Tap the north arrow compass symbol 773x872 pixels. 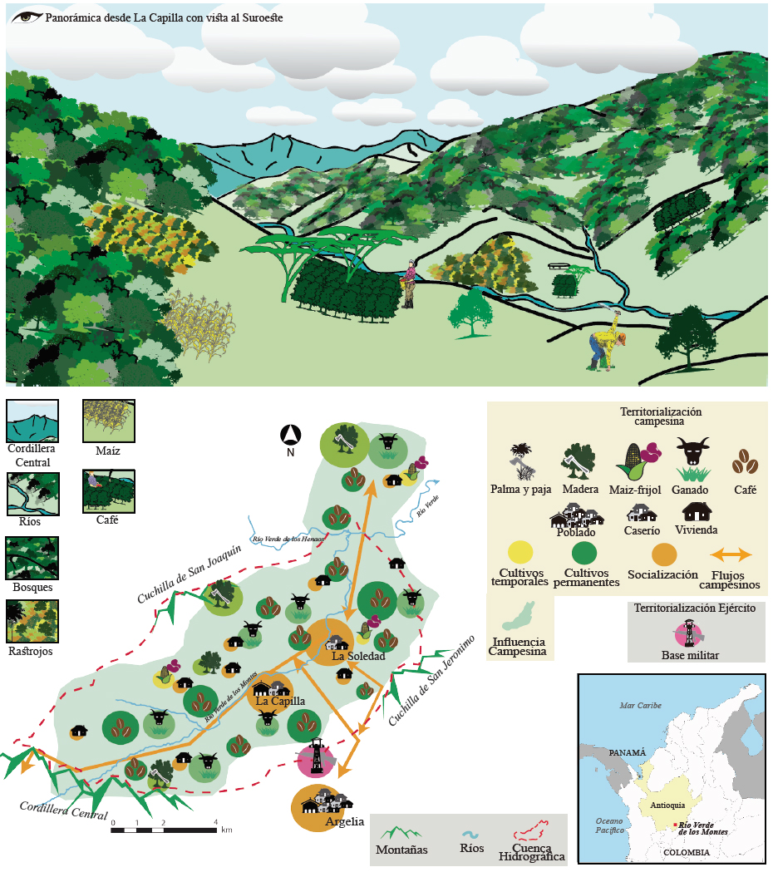(290, 435)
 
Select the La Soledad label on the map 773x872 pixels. (358, 657)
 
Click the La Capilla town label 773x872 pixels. (280, 701)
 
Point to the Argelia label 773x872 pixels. (345, 822)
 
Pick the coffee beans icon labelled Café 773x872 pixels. (744, 461)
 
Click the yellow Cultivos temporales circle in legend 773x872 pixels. (521, 552)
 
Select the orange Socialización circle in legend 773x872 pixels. (662, 554)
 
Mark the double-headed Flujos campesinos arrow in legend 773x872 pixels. (729, 554)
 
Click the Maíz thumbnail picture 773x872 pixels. (108, 421)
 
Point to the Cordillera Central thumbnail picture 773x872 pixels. (32, 421)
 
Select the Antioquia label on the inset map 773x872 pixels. (668, 805)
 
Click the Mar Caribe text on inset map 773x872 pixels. (640, 706)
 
